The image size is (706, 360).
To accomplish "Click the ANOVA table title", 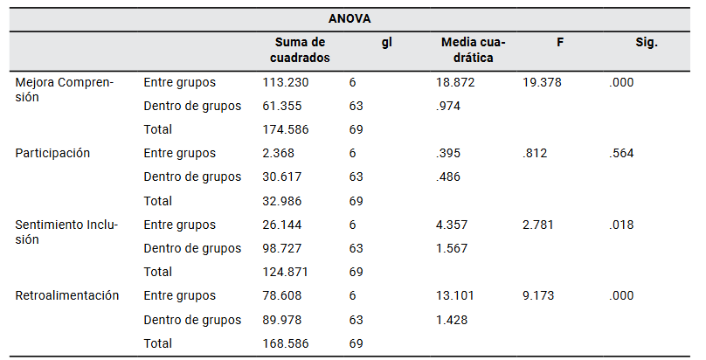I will (352, 18).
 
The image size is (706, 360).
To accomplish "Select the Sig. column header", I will (647, 42).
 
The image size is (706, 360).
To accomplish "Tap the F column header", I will (559, 42).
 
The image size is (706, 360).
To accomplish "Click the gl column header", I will (386, 42).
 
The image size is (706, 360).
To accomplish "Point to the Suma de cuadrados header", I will (300, 50).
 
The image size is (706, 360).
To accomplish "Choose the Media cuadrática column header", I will (473, 50).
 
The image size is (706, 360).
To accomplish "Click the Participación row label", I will (52, 153).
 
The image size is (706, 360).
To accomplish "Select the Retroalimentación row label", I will (66, 295).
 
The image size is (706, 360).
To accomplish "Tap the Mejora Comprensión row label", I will (65, 90).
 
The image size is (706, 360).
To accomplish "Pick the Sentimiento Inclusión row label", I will (66, 232).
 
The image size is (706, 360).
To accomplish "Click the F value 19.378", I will (542, 82).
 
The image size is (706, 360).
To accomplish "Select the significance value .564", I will (622, 153).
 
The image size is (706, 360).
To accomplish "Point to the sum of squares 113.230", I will (285, 82).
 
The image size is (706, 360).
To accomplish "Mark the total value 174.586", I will (285, 129).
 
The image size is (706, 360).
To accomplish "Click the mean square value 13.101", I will (454, 295).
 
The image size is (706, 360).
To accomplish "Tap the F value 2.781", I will (538, 225).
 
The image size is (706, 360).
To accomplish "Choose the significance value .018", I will (622, 225).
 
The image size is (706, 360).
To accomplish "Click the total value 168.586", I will (285, 343).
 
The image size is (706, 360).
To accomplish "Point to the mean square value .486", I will (449, 177).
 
